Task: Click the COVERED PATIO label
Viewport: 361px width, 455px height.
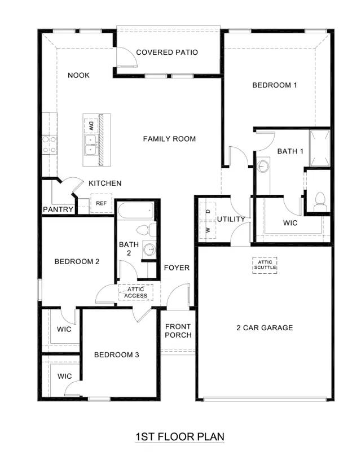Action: [x=167, y=53]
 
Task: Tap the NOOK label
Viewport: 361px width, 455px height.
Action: [x=79, y=75]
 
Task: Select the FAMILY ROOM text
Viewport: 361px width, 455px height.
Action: [x=169, y=139]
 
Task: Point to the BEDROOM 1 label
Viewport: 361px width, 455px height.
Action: [x=274, y=85]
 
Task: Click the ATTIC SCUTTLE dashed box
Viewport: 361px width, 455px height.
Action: [x=265, y=265]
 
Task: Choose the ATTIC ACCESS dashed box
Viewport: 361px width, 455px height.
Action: [x=135, y=292]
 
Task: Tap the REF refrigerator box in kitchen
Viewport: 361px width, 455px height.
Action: [x=101, y=203]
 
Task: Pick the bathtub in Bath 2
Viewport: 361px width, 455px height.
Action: [x=135, y=211]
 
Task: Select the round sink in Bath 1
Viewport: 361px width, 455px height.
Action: [x=263, y=167]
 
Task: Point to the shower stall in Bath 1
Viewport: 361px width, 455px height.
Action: [x=319, y=148]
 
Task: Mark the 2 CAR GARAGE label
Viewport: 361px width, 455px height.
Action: [x=265, y=327]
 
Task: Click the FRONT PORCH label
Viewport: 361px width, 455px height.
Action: [x=178, y=331]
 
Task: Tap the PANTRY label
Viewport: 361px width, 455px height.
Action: [x=59, y=210]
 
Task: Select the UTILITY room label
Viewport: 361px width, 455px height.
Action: [x=231, y=219]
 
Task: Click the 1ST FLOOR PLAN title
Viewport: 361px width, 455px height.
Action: [x=180, y=436]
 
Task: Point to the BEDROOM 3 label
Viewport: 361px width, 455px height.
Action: [x=117, y=355]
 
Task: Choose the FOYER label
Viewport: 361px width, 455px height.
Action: [x=177, y=268]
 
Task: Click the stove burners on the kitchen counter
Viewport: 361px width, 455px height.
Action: [x=49, y=144]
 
